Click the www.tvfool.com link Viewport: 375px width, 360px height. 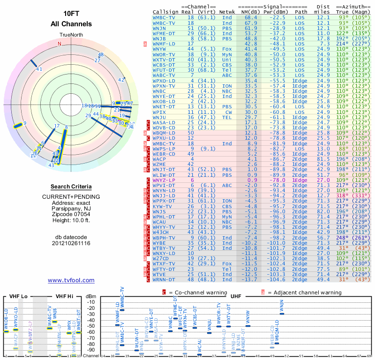[71, 280]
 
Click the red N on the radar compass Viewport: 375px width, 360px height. [60, 44]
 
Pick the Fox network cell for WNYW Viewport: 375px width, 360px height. [227, 49]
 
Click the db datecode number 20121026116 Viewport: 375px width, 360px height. [71, 243]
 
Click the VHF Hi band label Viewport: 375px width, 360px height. [66, 296]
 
